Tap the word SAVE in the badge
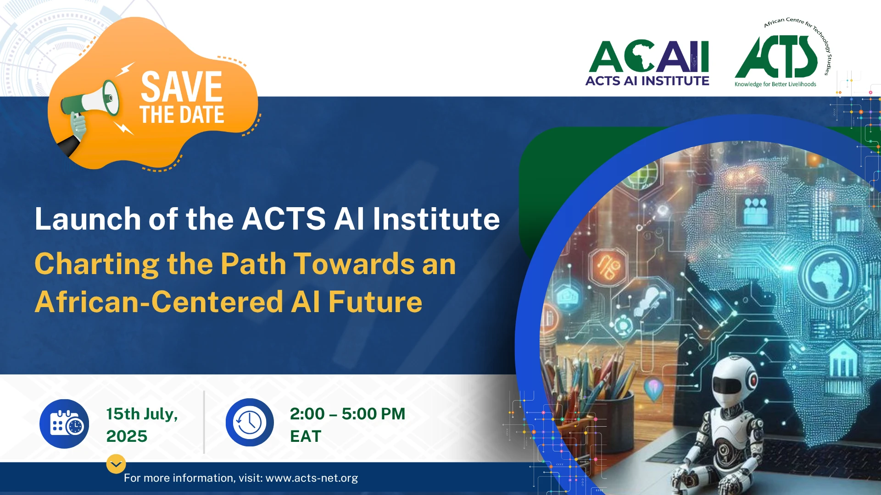pyautogui.click(x=182, y=87)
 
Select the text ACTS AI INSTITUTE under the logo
pyautogui.click(x=647, y=81)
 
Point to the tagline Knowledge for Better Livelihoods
pyautogui.click(x=775, y=84)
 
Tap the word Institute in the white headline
pyautogui.click(x=436, y=219)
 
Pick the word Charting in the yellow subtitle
pyautogui.click(x=97, y=264)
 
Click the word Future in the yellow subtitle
pyautogui.click(x=375, y=302)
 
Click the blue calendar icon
pyautogui.click(x=64, y=424)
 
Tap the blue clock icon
pyautogui.click(x=250, y=423)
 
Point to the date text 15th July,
pyautogui.click(x=142, y=414)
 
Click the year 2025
pyautogui.click(x=127, y=436)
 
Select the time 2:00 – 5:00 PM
pyautogui.click(x=347, y=414)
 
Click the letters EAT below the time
pyautogui.click(x=306, y=436)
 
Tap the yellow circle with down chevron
pyautogui.click(x=116, y=464)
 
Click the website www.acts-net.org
pyautogui.click(x=312, y=478)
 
